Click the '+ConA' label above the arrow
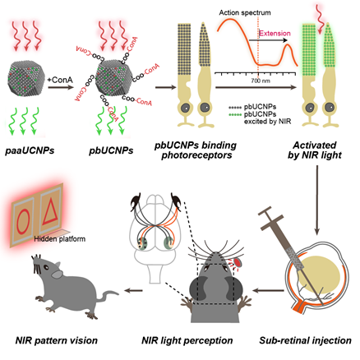(x=60, y=80)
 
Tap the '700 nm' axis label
(x=261, y=81)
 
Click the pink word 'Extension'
(x=275, y=34)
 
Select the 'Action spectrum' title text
(x=245, y=12)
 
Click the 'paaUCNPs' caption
(x=30, y=150)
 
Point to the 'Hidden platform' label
(x=60, y=239)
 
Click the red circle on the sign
(x=23, y=222)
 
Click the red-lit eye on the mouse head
(x=238, y=262)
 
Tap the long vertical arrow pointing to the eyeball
(x=317, y=200)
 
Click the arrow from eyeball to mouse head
(x=268, y=290)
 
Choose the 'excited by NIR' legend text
(x=267, y=121)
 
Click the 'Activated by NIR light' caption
(x=315, y=150)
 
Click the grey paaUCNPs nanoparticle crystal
(x=26, y=78)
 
